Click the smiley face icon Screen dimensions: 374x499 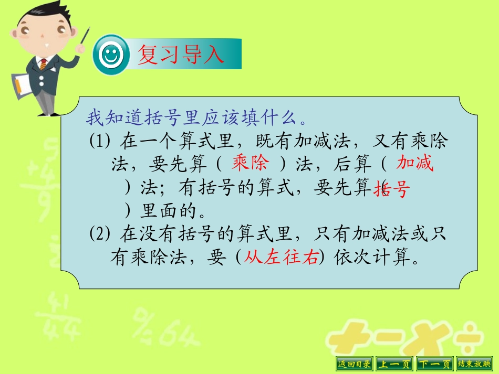(x=110, y=55)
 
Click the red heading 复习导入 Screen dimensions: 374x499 (x=181, y=55)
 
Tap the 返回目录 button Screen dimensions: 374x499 (x=354, y=364)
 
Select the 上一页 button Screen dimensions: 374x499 (x=394, y=364)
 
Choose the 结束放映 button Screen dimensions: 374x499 (x=474, y=364)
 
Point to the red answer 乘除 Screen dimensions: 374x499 (x=250, y=164)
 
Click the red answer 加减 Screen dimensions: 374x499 (x=415, y=164)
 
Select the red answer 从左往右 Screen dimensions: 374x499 (x=282, y=258)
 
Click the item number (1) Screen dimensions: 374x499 (x=98, y=141)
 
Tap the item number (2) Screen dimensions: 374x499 (x=98, y=234)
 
